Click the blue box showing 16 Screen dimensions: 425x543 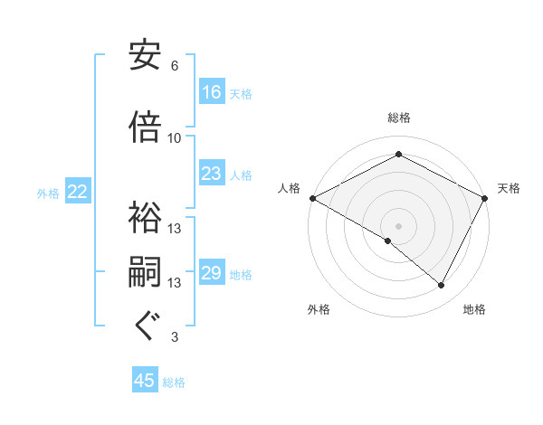(x=212, y=92)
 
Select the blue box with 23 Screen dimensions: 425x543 (x=212, y=175)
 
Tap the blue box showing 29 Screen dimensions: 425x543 (x=212, y=273)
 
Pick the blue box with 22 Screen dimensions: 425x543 (x=78, y=192)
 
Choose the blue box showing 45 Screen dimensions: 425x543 (x=145, y=381)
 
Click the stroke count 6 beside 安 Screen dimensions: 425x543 (x=174, y=66)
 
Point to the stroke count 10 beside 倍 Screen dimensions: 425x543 (x=175, y=137)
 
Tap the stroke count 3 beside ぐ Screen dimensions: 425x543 (x=174, y=337)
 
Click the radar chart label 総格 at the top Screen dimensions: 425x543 (x=398, y=118)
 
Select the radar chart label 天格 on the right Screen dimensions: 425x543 (x=509, y=188)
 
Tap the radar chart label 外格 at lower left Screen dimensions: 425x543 (x=319, y=309)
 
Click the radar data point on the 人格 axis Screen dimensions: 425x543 (x=312, y=198)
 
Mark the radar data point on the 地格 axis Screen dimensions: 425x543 (x=442, y=286)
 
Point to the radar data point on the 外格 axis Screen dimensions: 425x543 (x=388, y=241)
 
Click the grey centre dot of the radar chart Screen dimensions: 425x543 (x=398, y=225)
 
